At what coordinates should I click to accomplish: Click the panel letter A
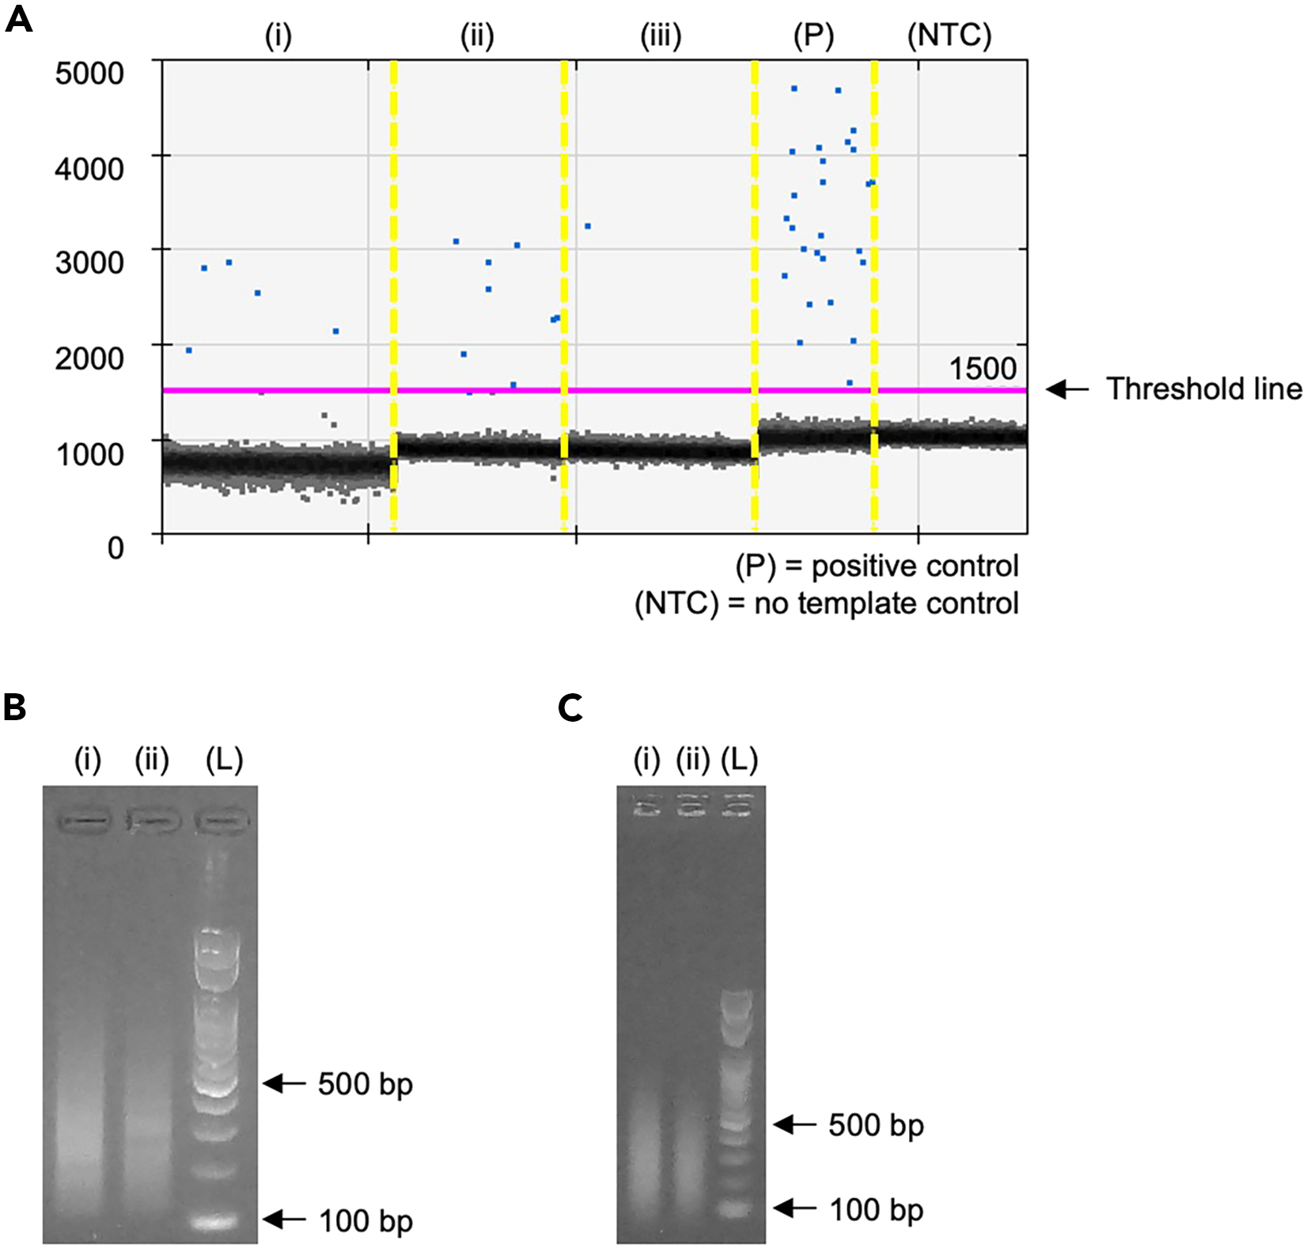19,19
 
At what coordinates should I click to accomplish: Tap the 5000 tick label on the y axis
89,73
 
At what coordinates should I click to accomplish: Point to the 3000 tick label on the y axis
89,262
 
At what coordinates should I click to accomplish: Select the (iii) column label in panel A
661,36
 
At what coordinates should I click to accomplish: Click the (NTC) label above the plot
949,36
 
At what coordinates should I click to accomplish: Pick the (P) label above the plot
813,36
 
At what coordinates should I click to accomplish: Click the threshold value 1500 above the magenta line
983,368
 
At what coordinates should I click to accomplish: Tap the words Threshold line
1203,389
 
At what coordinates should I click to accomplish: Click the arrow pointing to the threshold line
1068,389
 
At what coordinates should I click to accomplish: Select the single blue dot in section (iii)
588,226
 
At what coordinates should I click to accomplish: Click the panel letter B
15,707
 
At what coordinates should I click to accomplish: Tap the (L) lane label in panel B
224,760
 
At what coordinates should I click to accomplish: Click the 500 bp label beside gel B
365,1083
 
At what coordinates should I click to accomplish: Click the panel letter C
570,707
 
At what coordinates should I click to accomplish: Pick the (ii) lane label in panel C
693,760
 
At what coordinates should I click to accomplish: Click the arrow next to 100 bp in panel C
794,1208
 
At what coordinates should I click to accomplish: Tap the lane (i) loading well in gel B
88,821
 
